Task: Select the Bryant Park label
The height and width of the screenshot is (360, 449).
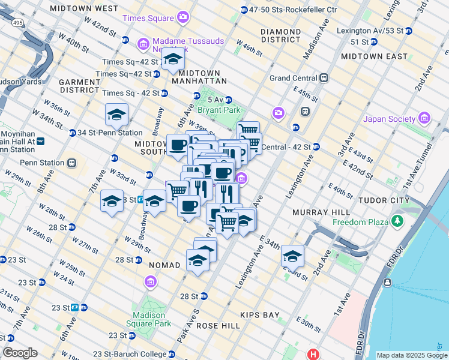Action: tap(223, 110)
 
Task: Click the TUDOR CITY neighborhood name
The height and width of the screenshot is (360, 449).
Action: tap(383, 200)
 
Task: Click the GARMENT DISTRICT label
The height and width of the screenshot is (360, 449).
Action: tap(79, 86)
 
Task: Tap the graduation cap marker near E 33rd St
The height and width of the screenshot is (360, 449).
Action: tap(292, 256)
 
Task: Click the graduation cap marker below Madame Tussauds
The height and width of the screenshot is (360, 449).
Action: tap(173, 59)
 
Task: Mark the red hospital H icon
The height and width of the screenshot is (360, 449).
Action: tap(312, 355)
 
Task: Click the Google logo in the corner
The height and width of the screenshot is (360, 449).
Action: tap(20, 353)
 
